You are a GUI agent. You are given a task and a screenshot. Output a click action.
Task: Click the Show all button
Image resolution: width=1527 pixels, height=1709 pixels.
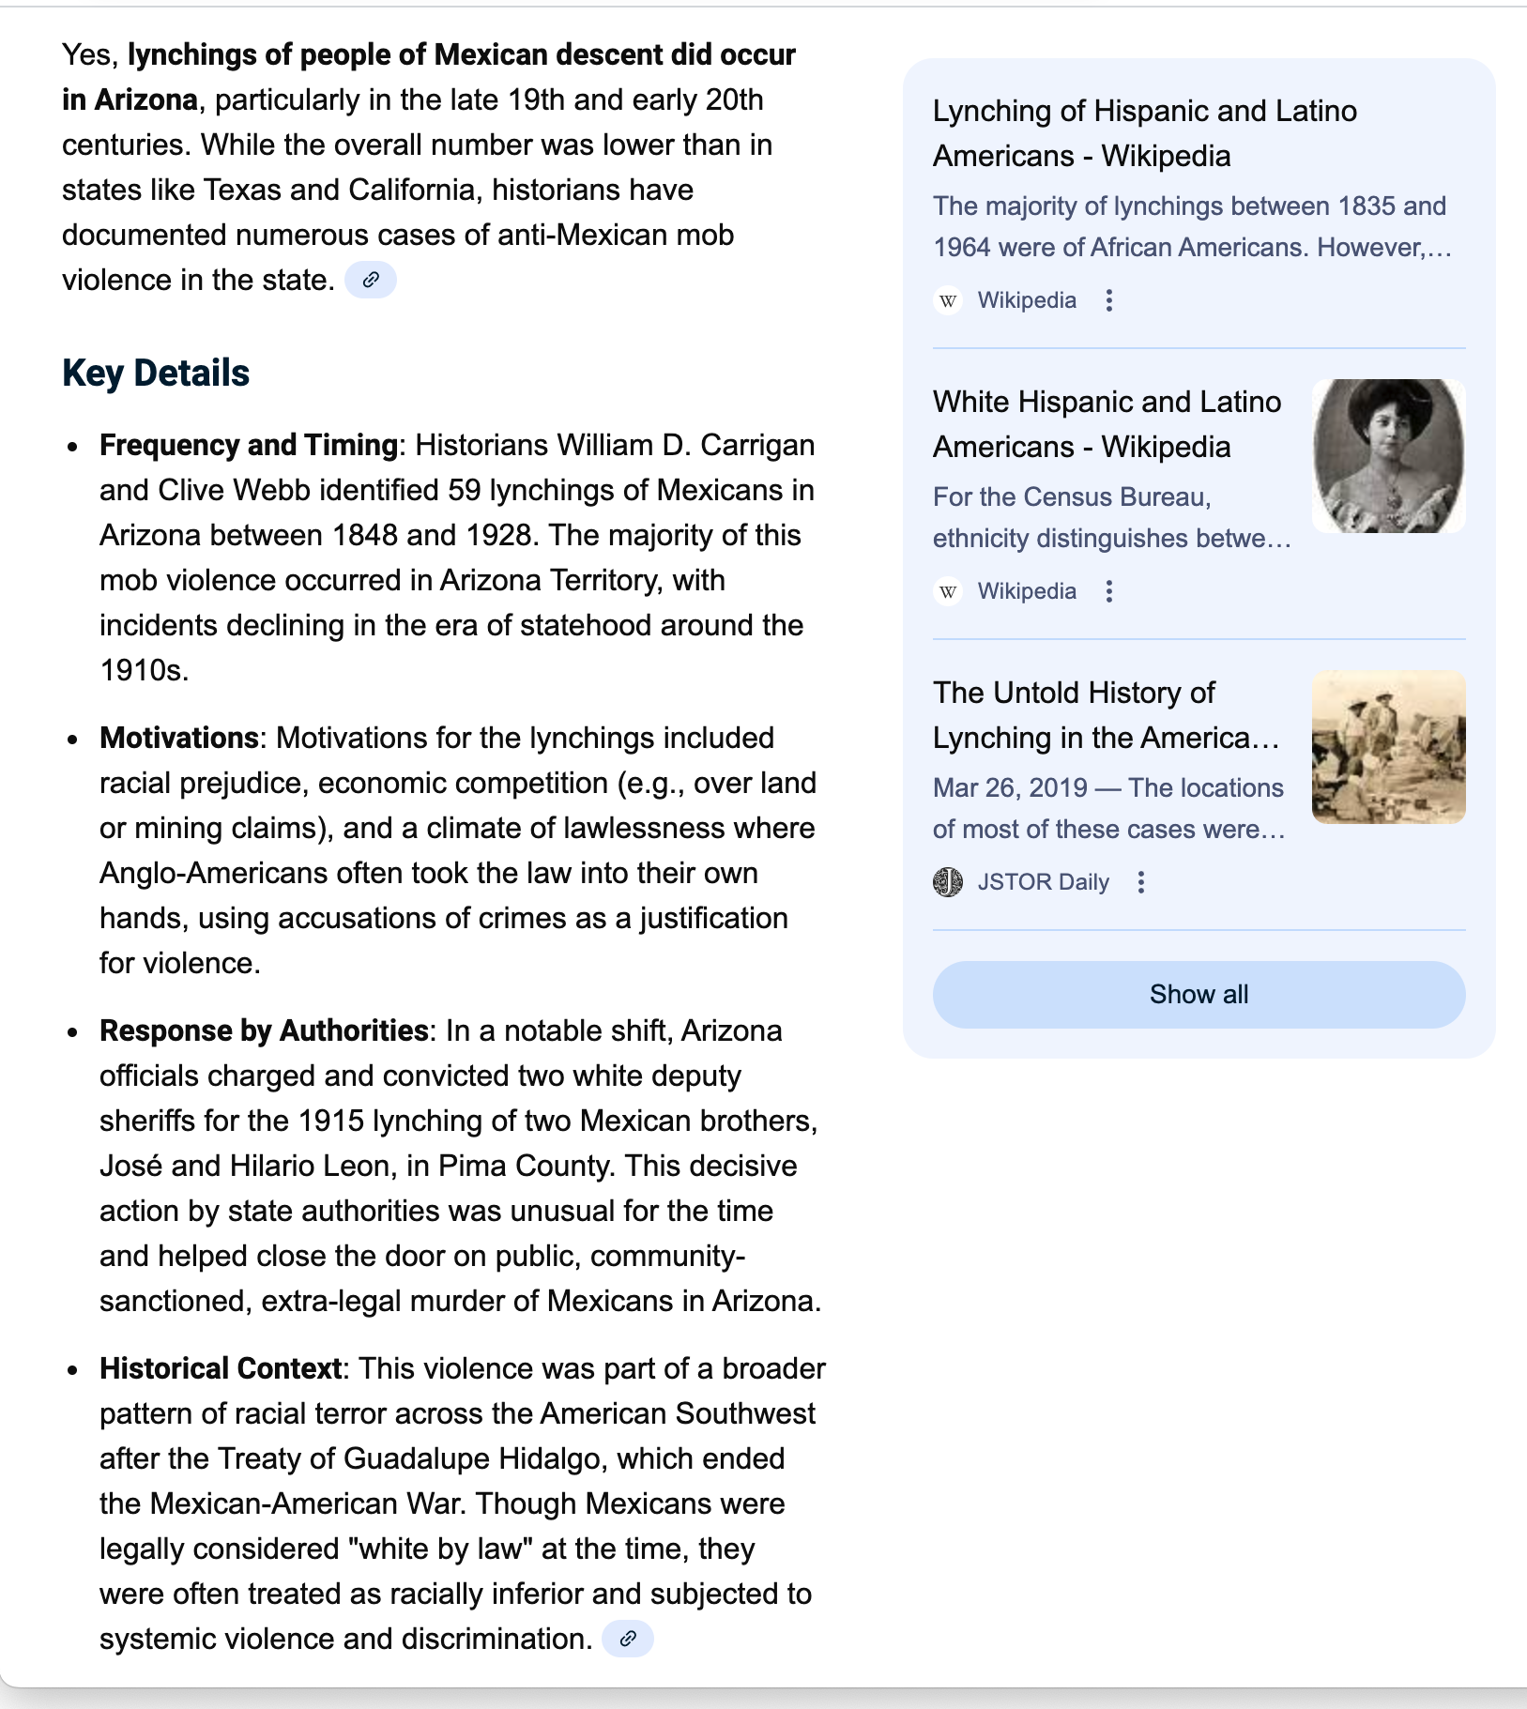click(x=1199, y=995)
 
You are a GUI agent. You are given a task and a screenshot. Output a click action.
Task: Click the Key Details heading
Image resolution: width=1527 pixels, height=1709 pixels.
click(x=156, y=374)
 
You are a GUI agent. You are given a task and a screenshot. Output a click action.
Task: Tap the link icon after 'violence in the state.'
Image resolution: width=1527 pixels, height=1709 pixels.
click(x=371, y=280)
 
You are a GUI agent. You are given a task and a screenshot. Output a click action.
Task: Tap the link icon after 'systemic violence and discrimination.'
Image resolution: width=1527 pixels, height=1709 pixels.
click(x=628, y=1639)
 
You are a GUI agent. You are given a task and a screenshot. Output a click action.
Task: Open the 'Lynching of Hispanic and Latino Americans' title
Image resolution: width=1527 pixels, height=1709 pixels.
click(x=1144, y=133)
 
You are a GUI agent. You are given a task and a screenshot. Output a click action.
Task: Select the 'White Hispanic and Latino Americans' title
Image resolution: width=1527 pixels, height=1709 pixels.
click(x=1107, y=424)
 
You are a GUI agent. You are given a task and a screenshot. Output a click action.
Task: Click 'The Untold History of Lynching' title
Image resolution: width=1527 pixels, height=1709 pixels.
click(x=1106, y=715)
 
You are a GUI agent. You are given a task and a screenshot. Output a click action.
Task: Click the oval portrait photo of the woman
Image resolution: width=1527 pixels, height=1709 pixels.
click(x=1388, y=456)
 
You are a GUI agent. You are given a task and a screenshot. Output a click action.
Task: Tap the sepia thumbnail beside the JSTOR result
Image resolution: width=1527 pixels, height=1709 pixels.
click(x=1388, y=747)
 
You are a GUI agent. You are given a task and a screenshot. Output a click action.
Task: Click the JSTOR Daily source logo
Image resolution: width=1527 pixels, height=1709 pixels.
click(x=948, y=882)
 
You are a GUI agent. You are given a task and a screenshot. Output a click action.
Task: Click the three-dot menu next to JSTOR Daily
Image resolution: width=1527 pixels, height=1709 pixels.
click(x=1141, y=882)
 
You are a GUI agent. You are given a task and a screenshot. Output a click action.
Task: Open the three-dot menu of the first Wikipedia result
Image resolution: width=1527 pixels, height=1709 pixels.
click(x=1109, y=300)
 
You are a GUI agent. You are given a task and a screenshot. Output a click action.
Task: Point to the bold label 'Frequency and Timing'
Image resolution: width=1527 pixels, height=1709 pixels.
click(x=249, y=445)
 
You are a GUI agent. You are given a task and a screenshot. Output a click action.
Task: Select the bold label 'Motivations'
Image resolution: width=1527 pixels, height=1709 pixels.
click(x=178, y=738)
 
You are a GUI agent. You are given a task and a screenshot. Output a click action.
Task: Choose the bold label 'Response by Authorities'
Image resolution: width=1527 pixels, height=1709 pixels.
click(x=264, y=1030)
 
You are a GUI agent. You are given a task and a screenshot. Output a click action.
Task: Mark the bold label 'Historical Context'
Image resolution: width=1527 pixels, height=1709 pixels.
click(x=221, y=1368)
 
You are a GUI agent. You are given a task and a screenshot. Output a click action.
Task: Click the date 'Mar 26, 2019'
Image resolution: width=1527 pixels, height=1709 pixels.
click(x=1009, y=787)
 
